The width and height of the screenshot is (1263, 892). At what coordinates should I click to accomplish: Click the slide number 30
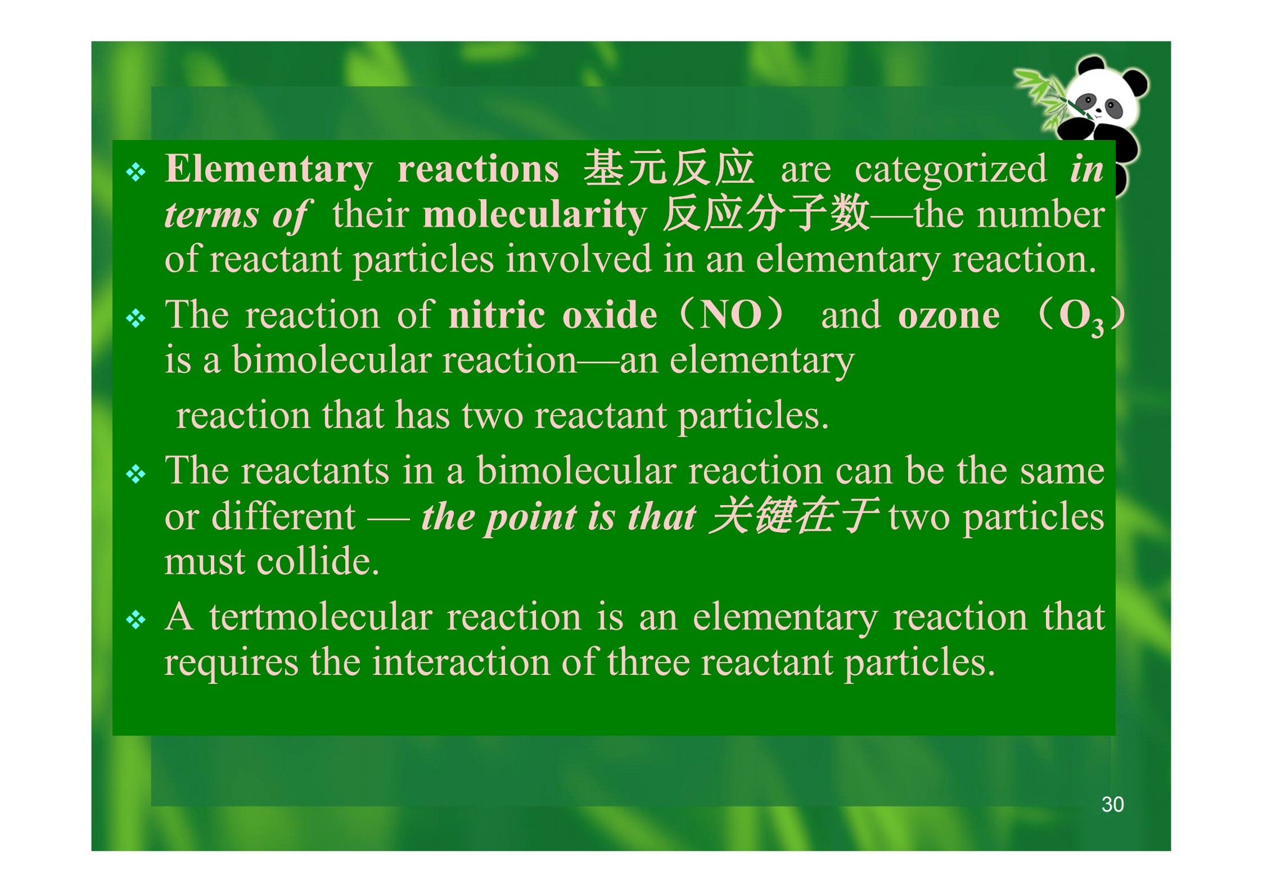(1112, 804)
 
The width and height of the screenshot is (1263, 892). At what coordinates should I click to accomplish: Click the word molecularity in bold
(535, 215)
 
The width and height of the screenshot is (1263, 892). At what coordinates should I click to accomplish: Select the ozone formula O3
(1081, 318)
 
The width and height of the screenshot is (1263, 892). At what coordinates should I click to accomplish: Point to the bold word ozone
(949, 316)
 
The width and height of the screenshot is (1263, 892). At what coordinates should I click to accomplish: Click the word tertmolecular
(321, 617)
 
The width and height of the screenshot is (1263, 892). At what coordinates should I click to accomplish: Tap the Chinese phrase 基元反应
(669, 168)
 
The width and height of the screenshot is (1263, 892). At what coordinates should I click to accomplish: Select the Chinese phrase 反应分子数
(766, 214)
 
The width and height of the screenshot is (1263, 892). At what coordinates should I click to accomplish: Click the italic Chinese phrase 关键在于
(793, 516)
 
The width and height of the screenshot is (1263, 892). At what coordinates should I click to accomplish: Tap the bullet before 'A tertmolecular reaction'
(136, 620)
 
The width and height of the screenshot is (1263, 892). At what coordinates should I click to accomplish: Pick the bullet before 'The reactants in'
(136, 475)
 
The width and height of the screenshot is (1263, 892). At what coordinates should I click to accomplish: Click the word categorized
(951, 170)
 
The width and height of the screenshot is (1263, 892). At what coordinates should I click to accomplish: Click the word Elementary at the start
(269, 170)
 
